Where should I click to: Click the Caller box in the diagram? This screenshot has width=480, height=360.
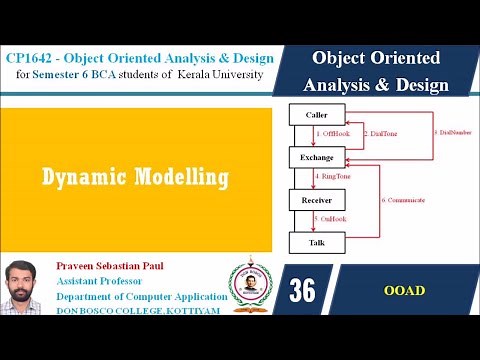coord(317,114)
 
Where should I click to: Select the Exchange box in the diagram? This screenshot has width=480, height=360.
coord(317,157)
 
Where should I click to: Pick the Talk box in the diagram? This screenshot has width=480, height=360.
coord(317,242)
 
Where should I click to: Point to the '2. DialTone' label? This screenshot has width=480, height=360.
coord(381,132)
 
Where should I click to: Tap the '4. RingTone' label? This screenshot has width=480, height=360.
coord(333,178)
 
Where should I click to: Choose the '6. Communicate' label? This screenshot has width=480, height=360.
coord(403,200)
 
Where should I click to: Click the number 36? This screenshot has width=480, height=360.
coord(302,291)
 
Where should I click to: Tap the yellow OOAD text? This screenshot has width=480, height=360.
coord(403,291)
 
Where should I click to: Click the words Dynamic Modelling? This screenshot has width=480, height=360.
coord(135,178)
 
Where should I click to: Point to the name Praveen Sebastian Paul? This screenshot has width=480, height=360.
coord(131,266)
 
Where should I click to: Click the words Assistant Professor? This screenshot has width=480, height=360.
coord(109,282)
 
